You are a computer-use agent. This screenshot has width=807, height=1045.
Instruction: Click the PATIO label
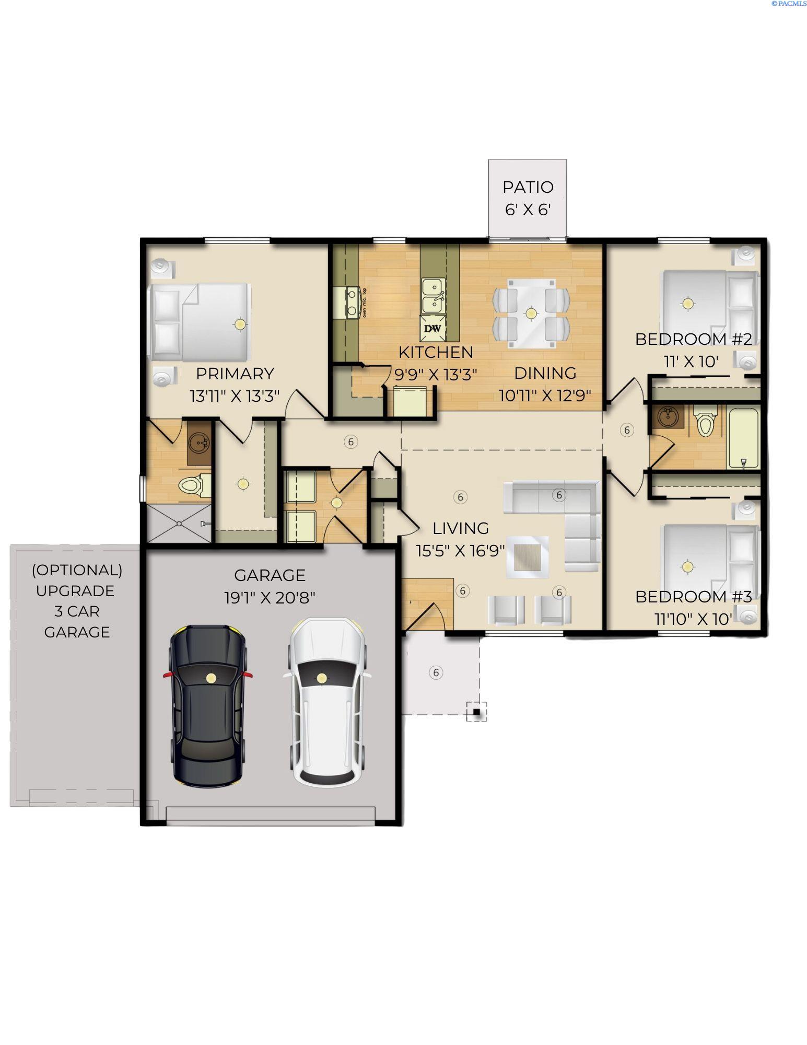click(528, 187)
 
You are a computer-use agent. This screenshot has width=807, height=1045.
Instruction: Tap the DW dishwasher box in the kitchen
click(432, 328)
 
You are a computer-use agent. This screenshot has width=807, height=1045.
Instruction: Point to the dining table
click(531, 313)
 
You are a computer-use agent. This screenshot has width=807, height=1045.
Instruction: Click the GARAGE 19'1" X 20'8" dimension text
click(270, 597)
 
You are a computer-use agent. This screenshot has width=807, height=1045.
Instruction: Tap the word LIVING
click(461, 528)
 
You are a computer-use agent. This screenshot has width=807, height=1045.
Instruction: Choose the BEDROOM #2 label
click(693, 339)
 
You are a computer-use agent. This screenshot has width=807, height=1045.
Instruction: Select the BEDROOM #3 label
click(693, 597)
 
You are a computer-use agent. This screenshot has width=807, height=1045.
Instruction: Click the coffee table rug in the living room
click(528, 556)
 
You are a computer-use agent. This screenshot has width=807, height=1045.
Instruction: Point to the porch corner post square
click(476, 712)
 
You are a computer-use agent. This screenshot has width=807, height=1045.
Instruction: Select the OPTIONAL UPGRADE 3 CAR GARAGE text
click(77, 601)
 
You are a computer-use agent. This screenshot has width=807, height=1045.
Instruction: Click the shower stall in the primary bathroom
click(179, 523)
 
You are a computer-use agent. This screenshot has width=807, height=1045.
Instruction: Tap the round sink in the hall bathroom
click(666, 416)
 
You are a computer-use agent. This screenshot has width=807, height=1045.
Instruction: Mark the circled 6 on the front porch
click(436, 672)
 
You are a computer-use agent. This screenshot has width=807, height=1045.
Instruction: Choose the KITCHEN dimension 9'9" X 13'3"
click(436, 375)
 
